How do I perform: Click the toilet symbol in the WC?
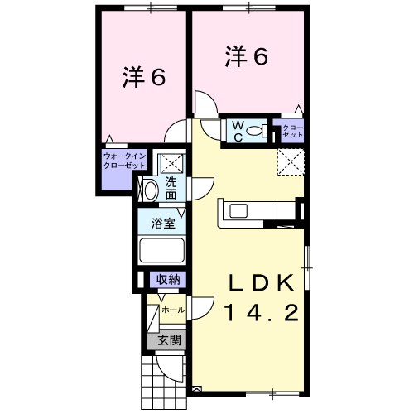257,130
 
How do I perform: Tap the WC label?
238,132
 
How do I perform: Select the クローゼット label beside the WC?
292,132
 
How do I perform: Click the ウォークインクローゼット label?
124,161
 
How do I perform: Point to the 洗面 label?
171,188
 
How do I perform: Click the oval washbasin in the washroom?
151,190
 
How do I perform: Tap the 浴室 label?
163,224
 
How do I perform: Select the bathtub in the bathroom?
162,250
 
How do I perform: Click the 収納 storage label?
168,280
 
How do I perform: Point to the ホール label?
173,310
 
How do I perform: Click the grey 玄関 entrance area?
166,341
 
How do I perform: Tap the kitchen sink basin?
238,211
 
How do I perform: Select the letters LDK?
261,283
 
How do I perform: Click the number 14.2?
262,313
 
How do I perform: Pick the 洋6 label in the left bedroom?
144,76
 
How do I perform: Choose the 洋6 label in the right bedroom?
247,56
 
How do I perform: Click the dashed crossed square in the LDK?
291,162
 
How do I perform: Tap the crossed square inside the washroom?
172,163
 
